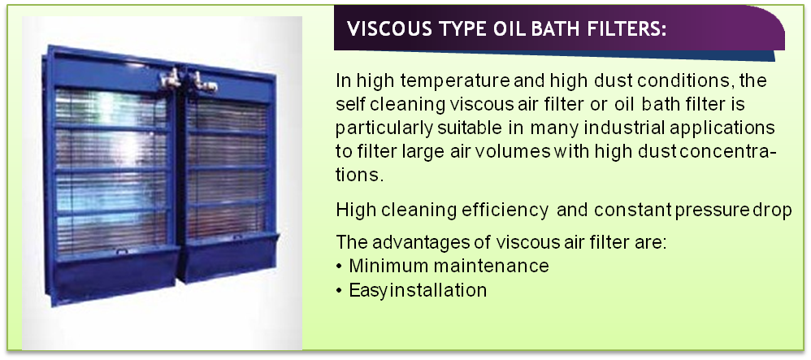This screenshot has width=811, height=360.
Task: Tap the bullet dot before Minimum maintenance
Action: coord(339,267)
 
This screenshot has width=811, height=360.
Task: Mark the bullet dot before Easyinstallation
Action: coord(339,291)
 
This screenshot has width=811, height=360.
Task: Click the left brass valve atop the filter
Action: coord(171,78)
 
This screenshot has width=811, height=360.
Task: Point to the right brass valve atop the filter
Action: coord(203,81)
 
